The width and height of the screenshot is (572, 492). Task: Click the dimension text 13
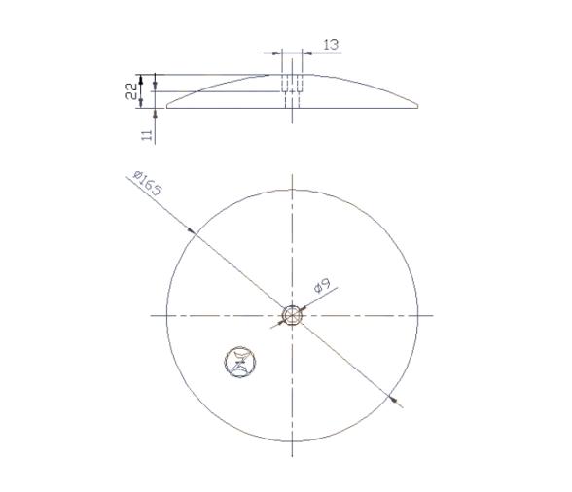pos(330,44)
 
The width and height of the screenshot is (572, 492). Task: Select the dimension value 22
pos(129,90)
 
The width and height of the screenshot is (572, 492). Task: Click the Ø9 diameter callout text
pos(323,286)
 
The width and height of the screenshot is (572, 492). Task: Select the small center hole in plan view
pos(292,315)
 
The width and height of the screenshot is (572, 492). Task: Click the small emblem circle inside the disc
pos(238,362)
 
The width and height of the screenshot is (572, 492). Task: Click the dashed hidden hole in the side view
pos(293,85)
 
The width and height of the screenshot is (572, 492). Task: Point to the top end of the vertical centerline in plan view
pos(292,175)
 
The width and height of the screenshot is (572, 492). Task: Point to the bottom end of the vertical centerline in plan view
pos(292,457)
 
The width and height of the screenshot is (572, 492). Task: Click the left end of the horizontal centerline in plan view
pos(152,315)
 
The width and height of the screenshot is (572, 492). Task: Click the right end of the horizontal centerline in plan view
pos(434,315)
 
